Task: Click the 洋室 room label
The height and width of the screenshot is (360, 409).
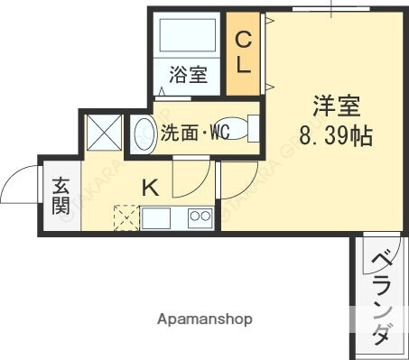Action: coord(337,106)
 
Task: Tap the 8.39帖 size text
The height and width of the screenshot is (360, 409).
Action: coord(337,137)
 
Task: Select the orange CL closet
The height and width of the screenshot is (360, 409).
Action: coord(243,52)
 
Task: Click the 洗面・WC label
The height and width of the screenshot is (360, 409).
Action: coord(194,134)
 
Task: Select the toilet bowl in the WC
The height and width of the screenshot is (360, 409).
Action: coord(237,129)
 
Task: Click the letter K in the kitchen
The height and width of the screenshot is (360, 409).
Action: coord(151,188)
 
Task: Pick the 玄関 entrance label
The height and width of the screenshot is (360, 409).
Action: coord(60,194)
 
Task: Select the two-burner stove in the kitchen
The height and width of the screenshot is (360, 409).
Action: coord(199,217)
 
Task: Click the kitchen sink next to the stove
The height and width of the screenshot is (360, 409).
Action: coord(154,217)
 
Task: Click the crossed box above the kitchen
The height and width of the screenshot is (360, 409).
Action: coord(105,133)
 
